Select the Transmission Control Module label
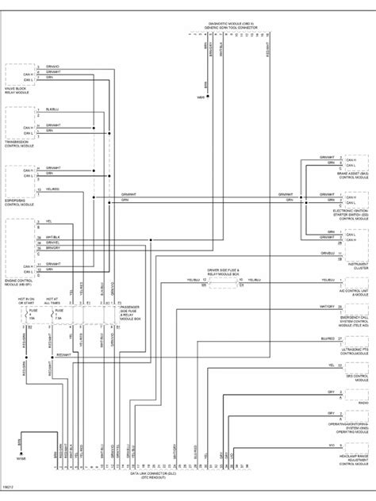[x=22, y=143]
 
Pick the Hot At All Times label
[x=52, y=301]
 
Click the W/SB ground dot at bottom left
[x=20, y=453]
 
